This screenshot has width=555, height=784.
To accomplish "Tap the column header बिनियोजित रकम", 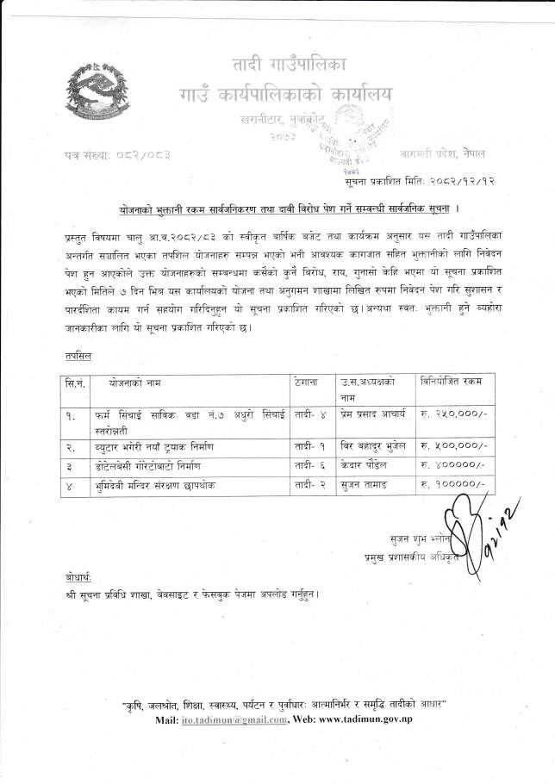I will (452, 381).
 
